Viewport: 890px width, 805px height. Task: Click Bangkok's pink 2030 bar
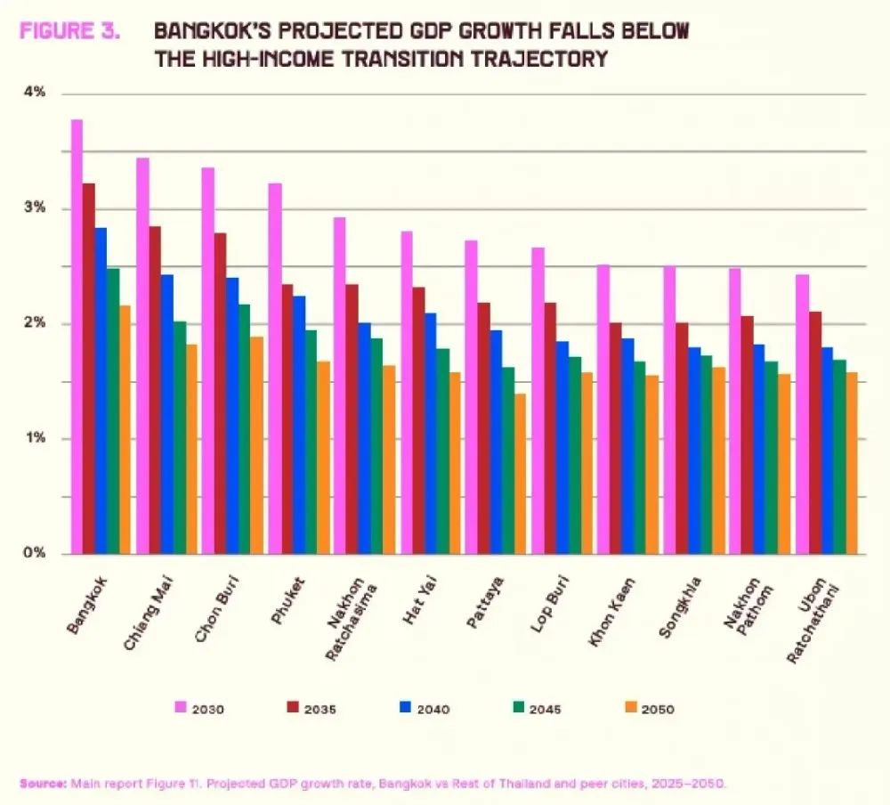coord(77,337)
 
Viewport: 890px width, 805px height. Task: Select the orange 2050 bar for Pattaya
coord(521,474)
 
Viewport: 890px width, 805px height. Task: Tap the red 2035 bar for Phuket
coord(287,419)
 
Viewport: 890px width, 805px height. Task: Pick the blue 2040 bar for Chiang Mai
coord(167,414)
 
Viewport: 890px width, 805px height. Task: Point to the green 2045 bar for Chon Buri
coord(244,429)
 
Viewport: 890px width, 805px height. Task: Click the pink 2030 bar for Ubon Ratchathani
coord(802,414)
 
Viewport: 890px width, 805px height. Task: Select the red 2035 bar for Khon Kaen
coord(615,439)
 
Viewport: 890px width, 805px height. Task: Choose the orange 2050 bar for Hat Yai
coord(455,463)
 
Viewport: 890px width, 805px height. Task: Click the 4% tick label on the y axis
coord(35,92)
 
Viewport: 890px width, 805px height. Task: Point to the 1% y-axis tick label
coord(35,438)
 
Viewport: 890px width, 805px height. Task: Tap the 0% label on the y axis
coord(35,553)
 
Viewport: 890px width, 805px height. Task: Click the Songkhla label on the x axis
coord(680,607)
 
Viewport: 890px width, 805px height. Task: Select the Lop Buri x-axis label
coord(549,604)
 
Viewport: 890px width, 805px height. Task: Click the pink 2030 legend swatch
coord(181,707)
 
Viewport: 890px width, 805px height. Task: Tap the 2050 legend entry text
coord(658,710)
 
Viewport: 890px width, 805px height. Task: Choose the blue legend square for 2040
coord(405,707)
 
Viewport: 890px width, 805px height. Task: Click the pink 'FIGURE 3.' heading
coord(69,30)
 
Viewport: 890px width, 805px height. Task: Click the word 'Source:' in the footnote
coord(43,784)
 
